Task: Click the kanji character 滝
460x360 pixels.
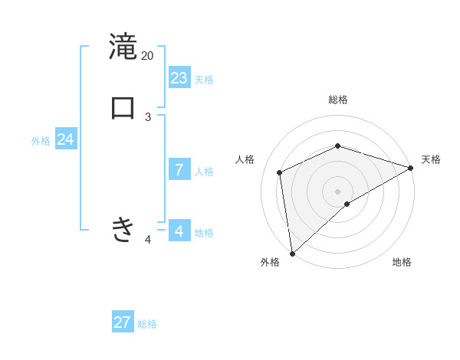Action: [123, 45]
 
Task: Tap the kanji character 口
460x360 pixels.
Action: [123, 107]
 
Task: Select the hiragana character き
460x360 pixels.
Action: [123, 229]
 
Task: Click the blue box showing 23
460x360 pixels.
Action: [179, 78]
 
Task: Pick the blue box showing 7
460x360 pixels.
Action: [179, 170]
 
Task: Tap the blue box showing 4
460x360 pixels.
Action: [179, 231]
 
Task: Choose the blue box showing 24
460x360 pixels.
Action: [66, 139]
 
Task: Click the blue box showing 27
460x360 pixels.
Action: [123, 322]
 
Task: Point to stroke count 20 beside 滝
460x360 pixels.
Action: [148, 56]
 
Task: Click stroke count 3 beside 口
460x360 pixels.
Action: [148, 117]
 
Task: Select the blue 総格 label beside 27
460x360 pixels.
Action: [147, 324]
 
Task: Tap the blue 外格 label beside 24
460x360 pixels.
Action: [41, 141]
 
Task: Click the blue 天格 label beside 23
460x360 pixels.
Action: [204, 80]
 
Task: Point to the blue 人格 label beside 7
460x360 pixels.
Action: [204, 172]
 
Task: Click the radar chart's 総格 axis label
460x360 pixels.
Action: [338, 100]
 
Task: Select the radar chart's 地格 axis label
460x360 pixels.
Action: [402, 262]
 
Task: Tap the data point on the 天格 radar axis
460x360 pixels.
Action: [411, 168]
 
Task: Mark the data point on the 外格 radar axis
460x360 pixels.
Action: [292, 254]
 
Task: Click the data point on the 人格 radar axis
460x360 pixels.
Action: [280, 172]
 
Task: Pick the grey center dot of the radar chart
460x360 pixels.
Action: [338, 191]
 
